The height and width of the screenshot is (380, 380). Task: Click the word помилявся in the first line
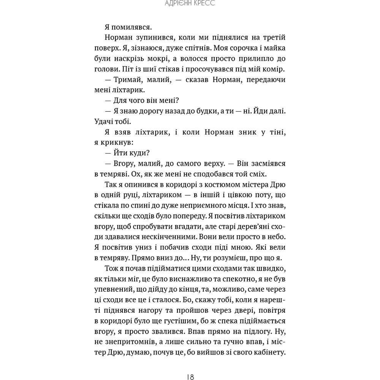click(x=130, y=27)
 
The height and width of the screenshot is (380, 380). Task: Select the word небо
click(x=275, y=236)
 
